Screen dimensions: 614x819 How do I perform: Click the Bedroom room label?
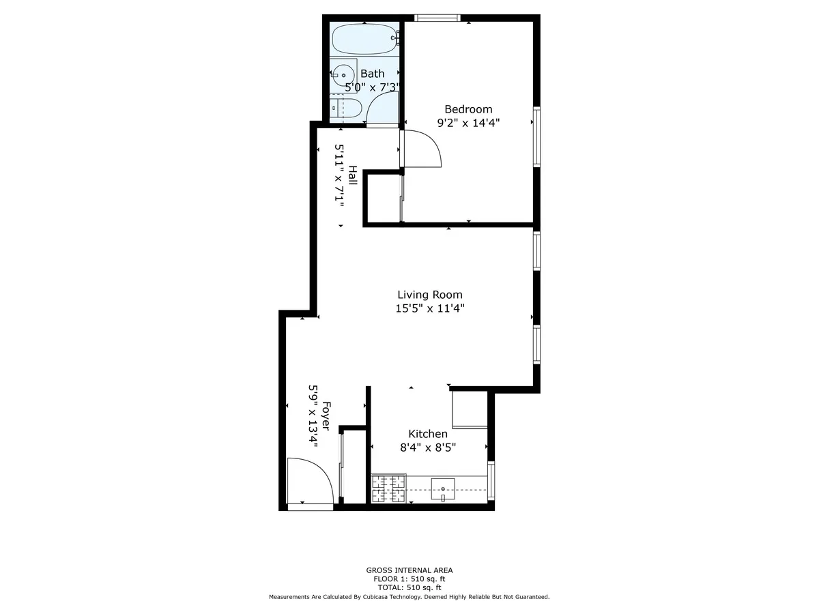coord(468,109)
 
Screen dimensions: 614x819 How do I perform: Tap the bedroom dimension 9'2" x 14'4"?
coord(468,123)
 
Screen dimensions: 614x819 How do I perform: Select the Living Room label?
coord(430,295)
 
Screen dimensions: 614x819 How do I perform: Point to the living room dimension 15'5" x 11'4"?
coord(430,308)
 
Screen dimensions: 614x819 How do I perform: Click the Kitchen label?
coord(428,434)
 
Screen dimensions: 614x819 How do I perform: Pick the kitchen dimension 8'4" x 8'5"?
coord(428,448)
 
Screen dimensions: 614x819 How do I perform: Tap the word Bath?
coord(373,74)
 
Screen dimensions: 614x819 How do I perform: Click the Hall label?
coord(352,176)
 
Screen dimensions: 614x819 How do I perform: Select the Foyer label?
coord(326,416)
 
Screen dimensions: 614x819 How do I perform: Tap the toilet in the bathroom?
coord(347,108)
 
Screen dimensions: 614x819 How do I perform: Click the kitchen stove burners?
coord(388,489)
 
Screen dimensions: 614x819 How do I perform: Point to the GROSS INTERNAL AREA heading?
coord(409,570)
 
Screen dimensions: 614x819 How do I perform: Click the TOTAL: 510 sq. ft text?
coord(409,587)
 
